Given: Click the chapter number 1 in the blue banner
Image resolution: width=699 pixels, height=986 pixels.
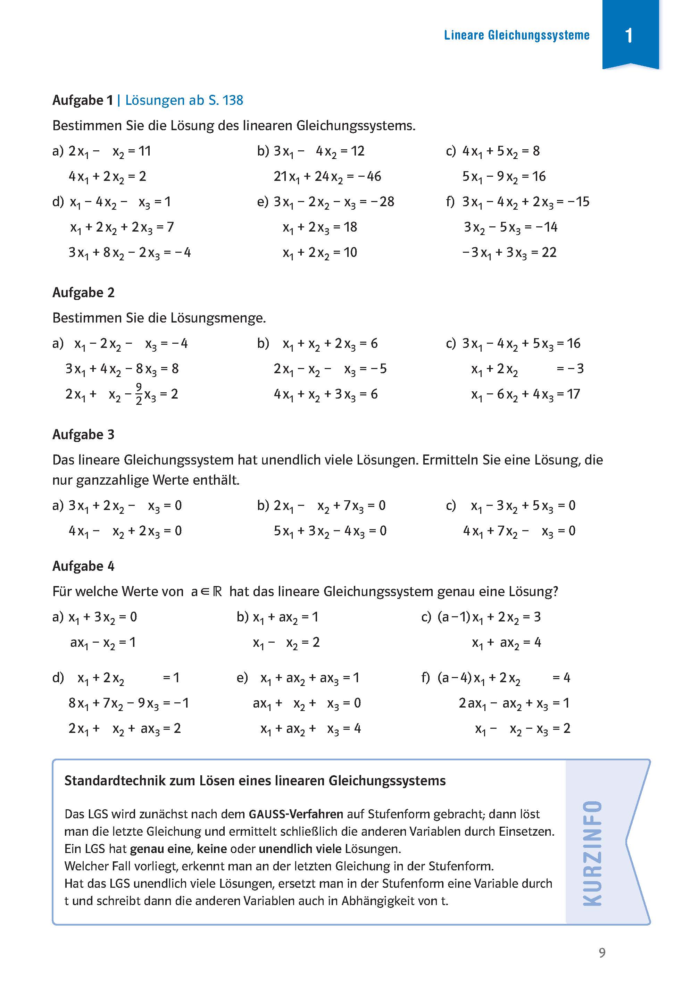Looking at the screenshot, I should point(629,35).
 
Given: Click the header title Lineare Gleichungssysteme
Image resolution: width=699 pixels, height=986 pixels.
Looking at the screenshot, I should point(516,35).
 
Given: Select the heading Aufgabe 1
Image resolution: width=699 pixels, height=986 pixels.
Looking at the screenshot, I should point(82,100).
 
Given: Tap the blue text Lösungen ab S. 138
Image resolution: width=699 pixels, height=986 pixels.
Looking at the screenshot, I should point(184,100).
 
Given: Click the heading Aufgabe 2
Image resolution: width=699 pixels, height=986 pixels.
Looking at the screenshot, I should point(83,293).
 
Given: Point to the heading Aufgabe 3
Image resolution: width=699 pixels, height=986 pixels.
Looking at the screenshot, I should point(83,435).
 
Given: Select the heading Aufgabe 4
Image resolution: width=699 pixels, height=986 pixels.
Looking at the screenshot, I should point(83,566).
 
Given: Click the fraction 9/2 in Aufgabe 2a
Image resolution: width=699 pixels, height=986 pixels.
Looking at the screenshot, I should point(139,394).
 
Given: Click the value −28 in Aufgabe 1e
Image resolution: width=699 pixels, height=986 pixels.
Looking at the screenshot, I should point(383,201).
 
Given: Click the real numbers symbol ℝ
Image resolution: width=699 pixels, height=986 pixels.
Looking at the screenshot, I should point(217,592).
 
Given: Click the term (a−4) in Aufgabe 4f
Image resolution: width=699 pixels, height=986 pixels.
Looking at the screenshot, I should point(455,678).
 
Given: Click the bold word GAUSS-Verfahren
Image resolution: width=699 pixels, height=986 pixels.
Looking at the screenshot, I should point(296,814).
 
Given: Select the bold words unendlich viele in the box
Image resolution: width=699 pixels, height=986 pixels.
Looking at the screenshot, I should point(300,849).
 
